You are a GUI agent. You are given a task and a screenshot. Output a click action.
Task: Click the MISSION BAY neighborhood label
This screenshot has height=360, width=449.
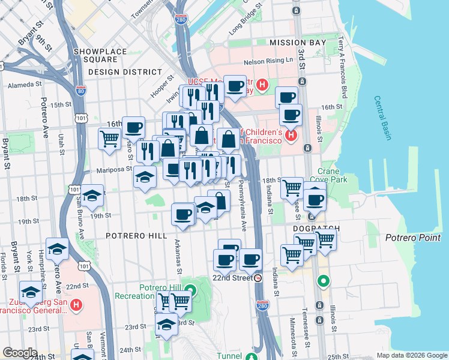pyautogui.click(x=298, y=43)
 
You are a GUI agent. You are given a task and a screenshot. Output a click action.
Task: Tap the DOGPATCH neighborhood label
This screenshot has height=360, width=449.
pyautogui.click(x=316, y=229)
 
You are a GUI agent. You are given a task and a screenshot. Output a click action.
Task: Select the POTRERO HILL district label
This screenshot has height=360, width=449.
pyautogui.click(x=136, y=236)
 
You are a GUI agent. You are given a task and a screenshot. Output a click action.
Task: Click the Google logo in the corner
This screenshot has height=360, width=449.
pyautogui.click(x=20, y=353)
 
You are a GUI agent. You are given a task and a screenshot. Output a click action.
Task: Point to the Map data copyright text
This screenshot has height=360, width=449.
pyautogui.click(x=411, y=355)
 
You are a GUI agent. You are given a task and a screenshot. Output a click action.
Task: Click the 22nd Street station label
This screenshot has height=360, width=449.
pyautogui.click(x=233, y=278)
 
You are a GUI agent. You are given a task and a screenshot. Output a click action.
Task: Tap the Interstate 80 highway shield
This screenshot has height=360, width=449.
pyautogui.click(x=81, y=91)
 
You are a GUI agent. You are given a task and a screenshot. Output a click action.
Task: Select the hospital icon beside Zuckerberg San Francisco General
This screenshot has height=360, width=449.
pyautogui.click(x=76, y=305)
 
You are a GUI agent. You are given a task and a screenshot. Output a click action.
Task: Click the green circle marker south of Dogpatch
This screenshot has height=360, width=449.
pyautogui.click(x=324, y=280)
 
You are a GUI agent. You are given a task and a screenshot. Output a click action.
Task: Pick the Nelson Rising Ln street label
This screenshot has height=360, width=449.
pyautogui.click(x=267, y=62)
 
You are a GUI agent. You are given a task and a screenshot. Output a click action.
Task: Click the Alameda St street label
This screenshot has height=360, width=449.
pyautogui.click(x=24, y=85)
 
